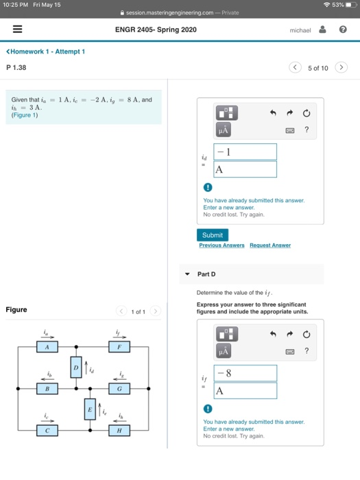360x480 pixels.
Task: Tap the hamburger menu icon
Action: (x=17, y=29)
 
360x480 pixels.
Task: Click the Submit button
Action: (x=213, y=235)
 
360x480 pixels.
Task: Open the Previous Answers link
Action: (x=221, y=245)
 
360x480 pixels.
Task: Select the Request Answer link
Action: (x=270, y=245)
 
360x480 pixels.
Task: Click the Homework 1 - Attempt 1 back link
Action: (x=46, y=51)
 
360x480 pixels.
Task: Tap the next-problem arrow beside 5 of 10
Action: (x=341, y=67)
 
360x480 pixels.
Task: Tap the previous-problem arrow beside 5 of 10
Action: (x=295, y=67)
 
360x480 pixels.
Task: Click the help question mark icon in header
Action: (x=343, y=29)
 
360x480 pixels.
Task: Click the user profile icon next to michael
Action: (x=323, y=29)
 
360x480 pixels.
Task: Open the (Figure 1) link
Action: (x=25, y=115)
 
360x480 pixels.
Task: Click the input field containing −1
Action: (x=245, y=152)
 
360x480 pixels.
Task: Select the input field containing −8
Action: (x=245, y=373)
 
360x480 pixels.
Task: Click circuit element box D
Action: (x=76, y=368)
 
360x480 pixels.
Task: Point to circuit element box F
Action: (x=119, y=347)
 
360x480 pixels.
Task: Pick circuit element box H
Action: (x=119, y=431)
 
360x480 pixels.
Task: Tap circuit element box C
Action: (x=47, y=431)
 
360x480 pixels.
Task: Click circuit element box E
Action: (x=90, y=409)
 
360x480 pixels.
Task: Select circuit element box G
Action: (x=119, y=389)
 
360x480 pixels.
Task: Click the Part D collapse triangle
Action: (x=187, y=274)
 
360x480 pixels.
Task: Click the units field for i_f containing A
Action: (x=245, y=391)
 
